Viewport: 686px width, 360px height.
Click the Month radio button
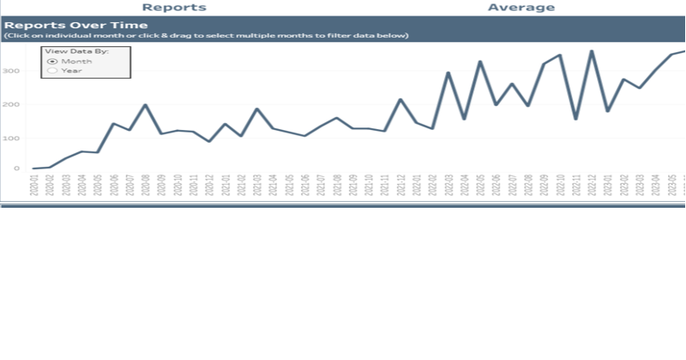52,62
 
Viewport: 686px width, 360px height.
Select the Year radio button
52,71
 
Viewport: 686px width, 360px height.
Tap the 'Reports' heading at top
174,8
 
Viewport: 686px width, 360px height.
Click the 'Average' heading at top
521,8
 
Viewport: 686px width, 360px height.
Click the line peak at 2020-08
145,105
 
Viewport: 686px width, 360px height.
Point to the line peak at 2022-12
590,51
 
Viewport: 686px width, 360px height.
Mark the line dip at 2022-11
575,119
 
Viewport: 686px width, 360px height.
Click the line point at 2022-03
447,73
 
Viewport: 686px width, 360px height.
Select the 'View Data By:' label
76,51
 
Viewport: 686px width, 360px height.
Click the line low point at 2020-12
209,141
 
